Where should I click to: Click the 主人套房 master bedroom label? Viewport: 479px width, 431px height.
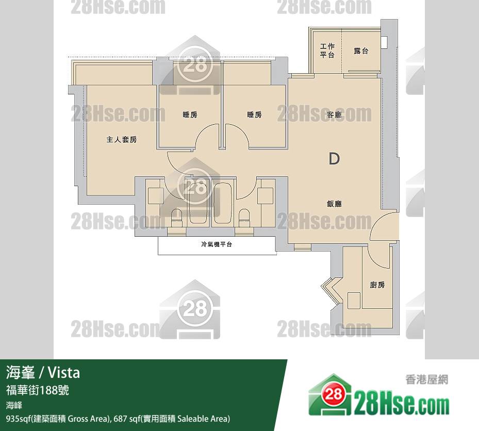(x=122, y=140)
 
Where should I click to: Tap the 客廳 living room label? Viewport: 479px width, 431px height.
(x=334, y=115)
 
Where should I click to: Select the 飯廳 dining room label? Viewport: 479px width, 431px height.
(x=334, y=204)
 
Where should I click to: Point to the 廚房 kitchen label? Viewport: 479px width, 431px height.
(x=377, y=285)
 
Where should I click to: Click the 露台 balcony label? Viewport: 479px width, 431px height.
(x=361, y=51)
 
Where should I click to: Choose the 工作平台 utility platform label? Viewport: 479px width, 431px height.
(x=327, y=51)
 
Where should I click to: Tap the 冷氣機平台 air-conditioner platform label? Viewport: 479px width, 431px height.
(x=217, y=244)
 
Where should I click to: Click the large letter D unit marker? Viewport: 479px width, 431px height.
(x=334, y=159)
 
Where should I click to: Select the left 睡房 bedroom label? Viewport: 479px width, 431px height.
(x=190, y=115)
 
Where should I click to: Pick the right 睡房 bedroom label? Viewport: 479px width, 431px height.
(x=255, y=115)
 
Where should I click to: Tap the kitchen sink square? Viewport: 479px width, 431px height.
(x=354, y=301)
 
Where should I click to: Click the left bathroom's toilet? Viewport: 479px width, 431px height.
(x=176, y=218)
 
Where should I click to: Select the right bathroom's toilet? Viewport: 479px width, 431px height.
(x=244, y=218)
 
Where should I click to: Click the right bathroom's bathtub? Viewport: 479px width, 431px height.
(x=223, y=204)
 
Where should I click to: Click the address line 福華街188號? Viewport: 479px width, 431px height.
(x=38, y=390)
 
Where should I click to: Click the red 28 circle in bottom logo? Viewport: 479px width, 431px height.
(x=333, y=394)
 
